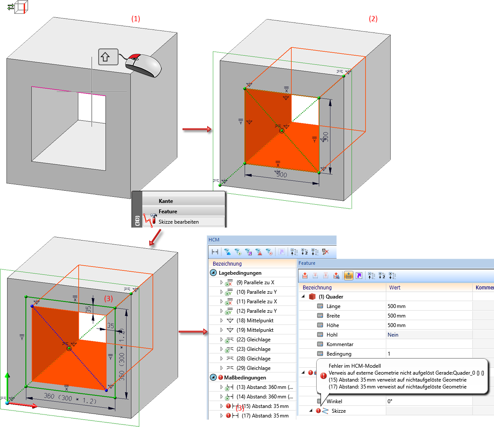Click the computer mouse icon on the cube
pos(143,65)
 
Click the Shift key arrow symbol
pos(108,56)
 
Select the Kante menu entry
pos(166,201)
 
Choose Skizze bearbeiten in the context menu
pos(179,222)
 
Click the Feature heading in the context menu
pos(168,212)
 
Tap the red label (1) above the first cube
pos(136,19)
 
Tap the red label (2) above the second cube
pos(373,19)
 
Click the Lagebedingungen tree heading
pos(240,273)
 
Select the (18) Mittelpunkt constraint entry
pos(255,321)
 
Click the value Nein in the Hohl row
pos(393,334)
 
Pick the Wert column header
pos(395,288)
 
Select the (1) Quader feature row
pos(330,297)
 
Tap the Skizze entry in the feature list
pos(339,411)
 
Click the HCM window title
pos(214,239)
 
